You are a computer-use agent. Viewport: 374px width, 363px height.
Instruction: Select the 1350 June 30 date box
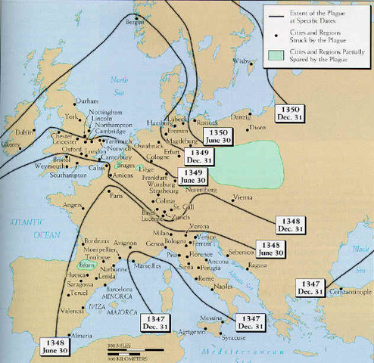click(x=217, y=137)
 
